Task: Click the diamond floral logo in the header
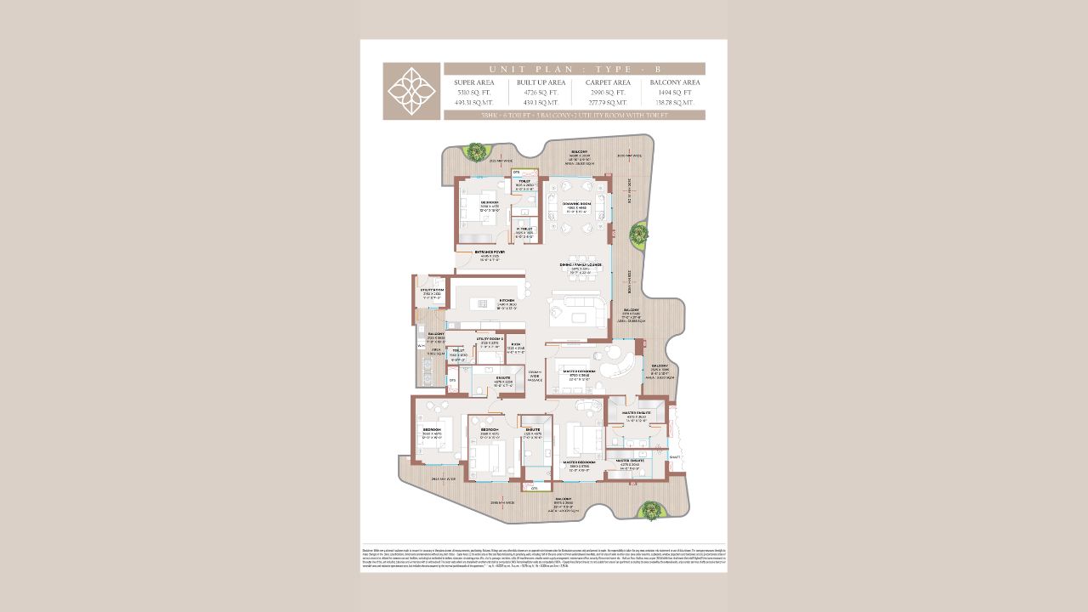click(x=411, y=91)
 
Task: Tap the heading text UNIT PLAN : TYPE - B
click(x=575, y=69)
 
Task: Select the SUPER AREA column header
click(x=474, y=82)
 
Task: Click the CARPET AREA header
click(x=607, y=82)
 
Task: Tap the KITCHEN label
click(x=506, y=300)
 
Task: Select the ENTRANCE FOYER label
click(x=490, y=252)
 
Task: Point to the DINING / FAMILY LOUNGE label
click(x=581, y=264)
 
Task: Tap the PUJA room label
click(x=516, y=344)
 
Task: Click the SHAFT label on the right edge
click(x=674, y=456)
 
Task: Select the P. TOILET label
click(x=524, y=229)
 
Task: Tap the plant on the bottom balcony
click(x=649, y=510)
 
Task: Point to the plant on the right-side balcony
click(x=637, y=232)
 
